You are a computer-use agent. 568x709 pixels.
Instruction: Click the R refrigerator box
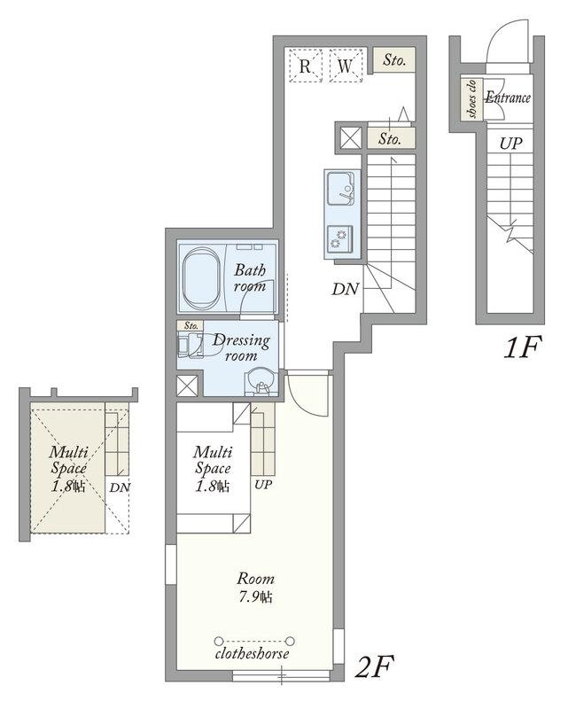coord(305,66)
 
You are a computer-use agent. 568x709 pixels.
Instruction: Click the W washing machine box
coord(346,66)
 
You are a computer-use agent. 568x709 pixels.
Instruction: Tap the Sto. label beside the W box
coord(394,59)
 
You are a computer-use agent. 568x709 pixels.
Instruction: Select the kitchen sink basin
coord(341,188)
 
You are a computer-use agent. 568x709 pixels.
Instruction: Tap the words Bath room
coord(250,278)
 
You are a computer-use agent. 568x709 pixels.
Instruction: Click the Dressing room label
coord(242,347)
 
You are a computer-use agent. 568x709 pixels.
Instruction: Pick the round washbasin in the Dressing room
coord(261,380)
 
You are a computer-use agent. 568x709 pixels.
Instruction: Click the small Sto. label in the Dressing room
coord(191,325)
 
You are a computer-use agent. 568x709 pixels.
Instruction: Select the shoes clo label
coord(472,99)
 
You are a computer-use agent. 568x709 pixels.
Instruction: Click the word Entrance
coord(508,97)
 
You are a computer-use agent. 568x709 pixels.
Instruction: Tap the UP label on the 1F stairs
coord(510,144)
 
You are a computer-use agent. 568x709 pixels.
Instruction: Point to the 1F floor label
coord(522,347)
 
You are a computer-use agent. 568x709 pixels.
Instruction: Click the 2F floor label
coord(374,666)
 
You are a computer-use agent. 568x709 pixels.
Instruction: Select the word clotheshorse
coord(253,653)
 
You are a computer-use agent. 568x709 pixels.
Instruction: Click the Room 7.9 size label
coord(256,588)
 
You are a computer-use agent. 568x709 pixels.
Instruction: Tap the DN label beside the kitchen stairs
coord(346,290)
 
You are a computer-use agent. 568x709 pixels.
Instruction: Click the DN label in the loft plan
coord(120,487)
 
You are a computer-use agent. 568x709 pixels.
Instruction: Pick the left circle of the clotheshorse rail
coord(219,641)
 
